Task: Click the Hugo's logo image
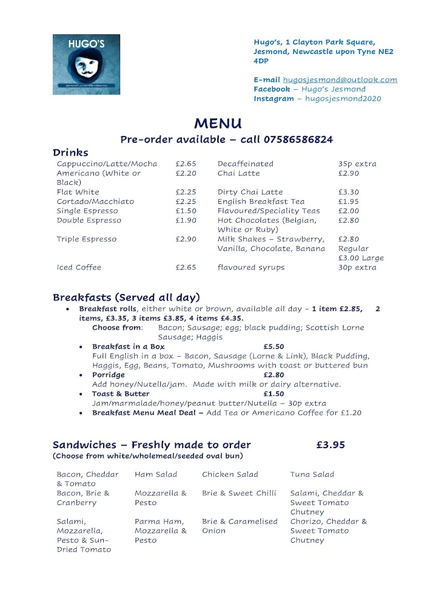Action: point(86,64)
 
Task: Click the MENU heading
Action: point(218,123)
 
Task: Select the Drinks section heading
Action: point(70,152)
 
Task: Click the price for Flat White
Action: point(185,192)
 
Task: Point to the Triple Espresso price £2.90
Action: point(185,239)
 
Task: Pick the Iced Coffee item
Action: point(79,267)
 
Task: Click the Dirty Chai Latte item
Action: point(250,192)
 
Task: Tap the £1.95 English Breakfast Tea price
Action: point(348,201)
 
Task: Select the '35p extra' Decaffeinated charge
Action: point(357,164)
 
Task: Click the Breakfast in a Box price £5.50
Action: point(274,346)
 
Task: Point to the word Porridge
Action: point(108,375)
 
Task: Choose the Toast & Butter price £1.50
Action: point(274,394)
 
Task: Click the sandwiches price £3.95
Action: point(330,445)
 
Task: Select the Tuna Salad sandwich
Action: point(312,474)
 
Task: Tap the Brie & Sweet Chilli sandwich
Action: point(239,493)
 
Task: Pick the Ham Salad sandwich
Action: point(156,474)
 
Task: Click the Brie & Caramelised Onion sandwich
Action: point(239,526)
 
